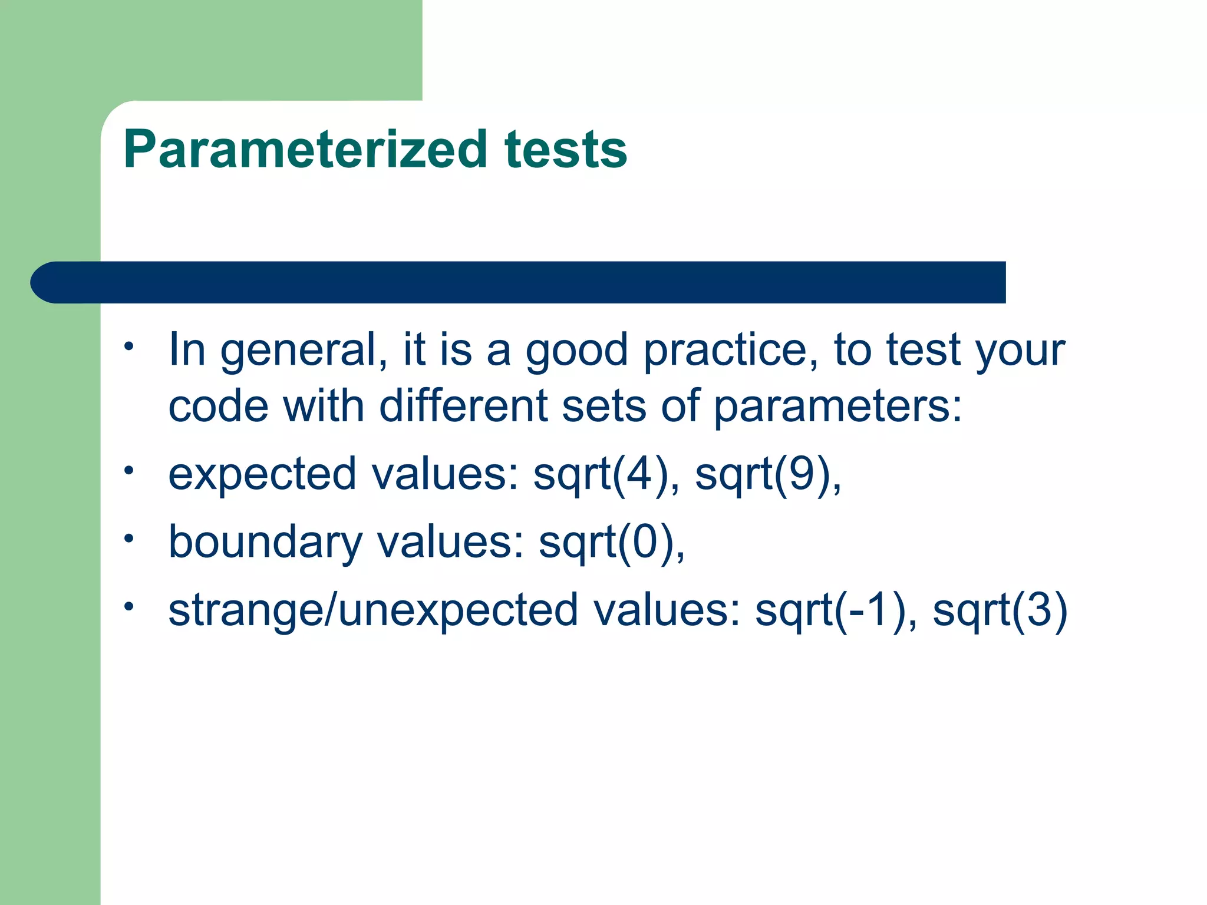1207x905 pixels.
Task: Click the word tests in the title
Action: point(565,150)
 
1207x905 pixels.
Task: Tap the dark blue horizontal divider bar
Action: point(519,282)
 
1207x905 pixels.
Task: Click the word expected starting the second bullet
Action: point(262,475)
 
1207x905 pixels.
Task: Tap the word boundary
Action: point(265,543)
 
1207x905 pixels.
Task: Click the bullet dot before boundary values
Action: point(130,538)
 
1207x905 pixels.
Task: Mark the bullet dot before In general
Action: point(130,346)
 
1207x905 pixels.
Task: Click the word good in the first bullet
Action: point(576,351)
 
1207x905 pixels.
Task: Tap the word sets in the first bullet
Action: point(603,407)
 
